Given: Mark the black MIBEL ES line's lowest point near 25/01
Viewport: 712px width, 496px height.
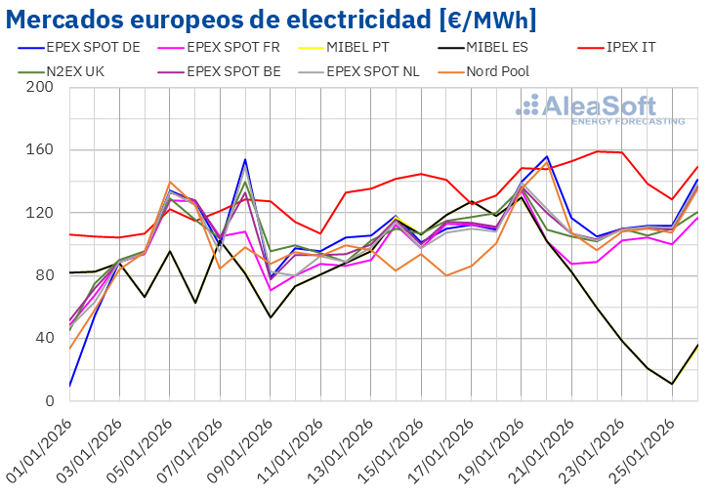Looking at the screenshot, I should [672, 384].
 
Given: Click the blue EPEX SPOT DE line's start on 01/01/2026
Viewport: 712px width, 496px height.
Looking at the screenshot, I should [69, 386].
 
